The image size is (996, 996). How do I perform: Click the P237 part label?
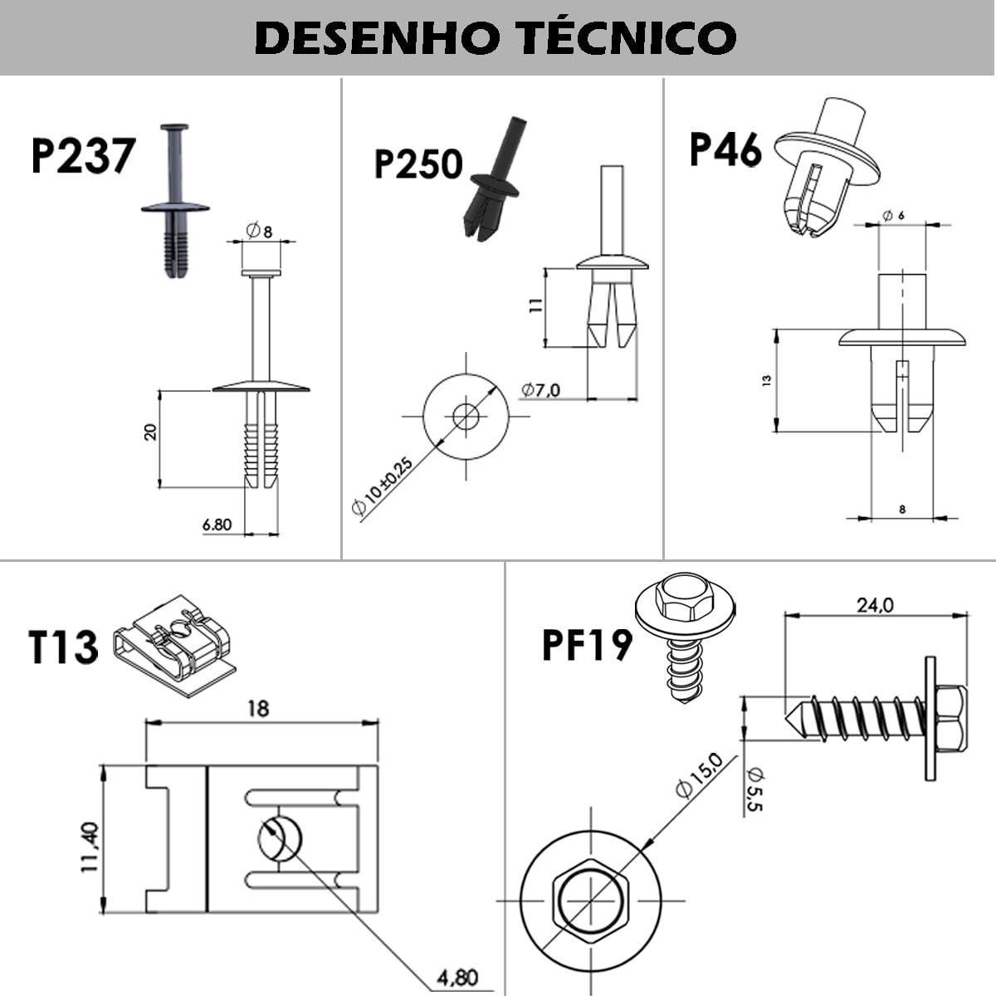82,156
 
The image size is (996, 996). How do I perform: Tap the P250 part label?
418,164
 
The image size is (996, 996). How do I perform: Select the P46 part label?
725,150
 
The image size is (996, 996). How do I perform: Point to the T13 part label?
63,647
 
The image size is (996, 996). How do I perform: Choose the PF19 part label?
587,644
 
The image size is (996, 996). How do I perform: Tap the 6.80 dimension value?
217,525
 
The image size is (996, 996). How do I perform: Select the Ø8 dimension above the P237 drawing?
259,232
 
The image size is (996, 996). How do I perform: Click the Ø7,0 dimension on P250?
541,389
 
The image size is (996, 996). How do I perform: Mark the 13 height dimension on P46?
767,380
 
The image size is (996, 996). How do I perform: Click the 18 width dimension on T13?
259,708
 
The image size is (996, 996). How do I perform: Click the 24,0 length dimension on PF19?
875,605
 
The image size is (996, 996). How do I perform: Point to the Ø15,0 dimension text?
699,774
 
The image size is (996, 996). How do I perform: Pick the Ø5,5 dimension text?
754,788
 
